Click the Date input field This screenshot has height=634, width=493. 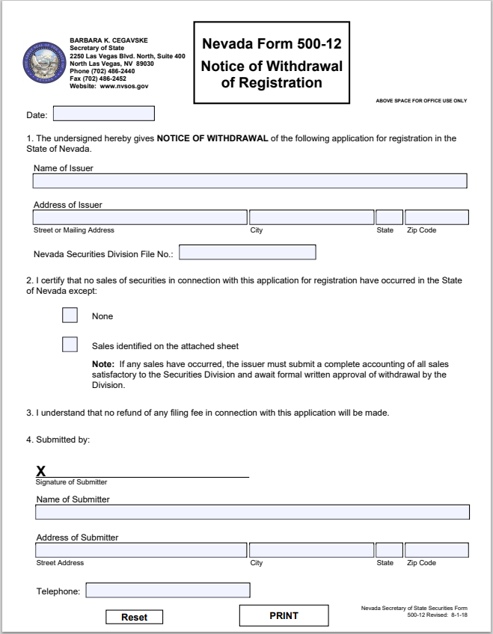103,114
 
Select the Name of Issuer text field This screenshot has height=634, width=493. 250,181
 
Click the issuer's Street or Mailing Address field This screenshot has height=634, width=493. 140,218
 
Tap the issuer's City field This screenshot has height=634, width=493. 311,218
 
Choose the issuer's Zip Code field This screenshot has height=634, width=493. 436,218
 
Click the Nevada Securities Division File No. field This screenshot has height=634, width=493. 247,253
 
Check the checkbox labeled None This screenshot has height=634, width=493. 70,316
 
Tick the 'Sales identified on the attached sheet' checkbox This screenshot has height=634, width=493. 70,345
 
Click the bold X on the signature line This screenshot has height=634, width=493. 41,471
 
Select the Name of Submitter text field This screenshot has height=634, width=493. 252,512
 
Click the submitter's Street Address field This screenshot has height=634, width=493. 141,550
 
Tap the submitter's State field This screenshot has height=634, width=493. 389,550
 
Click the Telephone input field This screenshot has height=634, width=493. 168,591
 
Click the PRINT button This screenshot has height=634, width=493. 284,615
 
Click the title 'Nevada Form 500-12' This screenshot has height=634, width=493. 272,44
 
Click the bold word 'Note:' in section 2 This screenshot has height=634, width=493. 102,364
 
